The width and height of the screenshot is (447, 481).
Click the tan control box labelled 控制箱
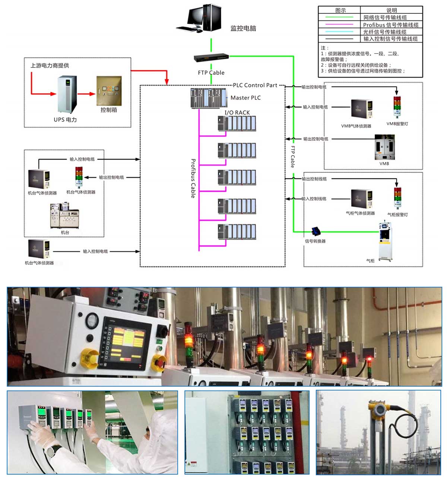(109, 91)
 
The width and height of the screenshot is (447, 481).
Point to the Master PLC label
(245, 98)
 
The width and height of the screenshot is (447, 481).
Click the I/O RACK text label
(237, 112)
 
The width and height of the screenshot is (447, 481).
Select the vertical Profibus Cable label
(193, 178)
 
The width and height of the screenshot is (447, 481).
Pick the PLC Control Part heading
(255, 85)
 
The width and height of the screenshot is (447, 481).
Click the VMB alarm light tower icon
(397, 107)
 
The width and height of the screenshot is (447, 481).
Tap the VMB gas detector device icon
(361, 109)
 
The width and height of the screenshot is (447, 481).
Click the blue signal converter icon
(316, 231)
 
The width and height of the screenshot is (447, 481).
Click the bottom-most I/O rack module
(237, 232)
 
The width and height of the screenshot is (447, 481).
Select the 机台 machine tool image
(64, 216)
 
